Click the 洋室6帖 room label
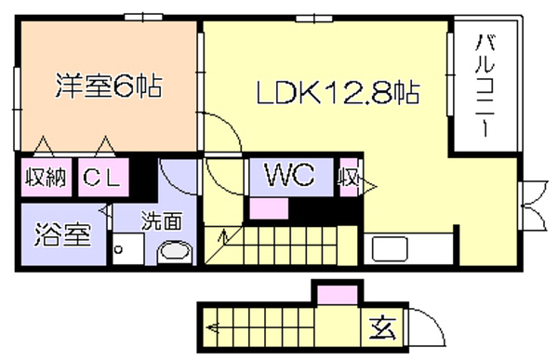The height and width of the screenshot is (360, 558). [109, 87]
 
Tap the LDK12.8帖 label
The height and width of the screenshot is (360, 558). [339, 93]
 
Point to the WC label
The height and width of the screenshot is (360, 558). [289, 175]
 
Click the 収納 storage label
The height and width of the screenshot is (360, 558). [46, 177]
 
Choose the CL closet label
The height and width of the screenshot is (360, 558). [101, 177]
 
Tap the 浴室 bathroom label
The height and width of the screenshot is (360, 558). [62, 234]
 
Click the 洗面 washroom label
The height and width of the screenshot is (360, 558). [162, 221]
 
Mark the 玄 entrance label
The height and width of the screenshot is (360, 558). [382, 328]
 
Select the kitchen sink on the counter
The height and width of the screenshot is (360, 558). [390, 249]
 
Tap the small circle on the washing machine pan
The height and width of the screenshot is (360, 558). [118, 249]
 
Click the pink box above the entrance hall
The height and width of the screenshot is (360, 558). [337, 295]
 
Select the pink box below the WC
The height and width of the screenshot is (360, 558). [269, 208]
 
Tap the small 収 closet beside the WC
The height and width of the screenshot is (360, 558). [348, 177]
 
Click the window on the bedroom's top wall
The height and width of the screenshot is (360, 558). [143, 17]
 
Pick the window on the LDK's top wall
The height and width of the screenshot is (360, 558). [314, 18]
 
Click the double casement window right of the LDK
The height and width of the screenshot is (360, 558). [532, 206]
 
